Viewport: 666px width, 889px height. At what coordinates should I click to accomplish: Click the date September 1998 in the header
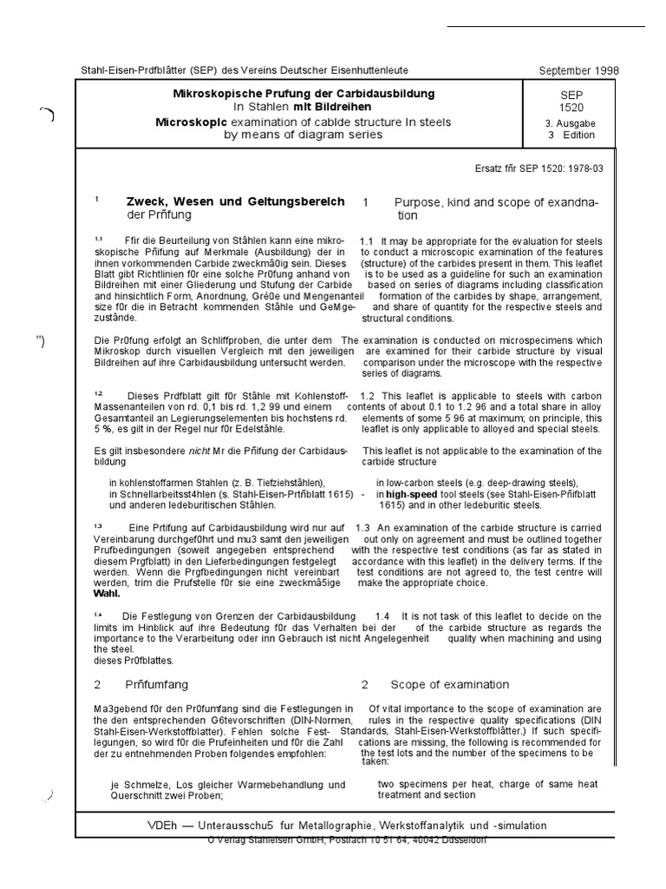(x=578, y=70)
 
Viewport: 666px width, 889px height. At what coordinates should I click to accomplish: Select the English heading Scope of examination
(x=450, y=684)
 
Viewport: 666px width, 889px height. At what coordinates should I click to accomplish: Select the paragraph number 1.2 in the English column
(x=366, y=395)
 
